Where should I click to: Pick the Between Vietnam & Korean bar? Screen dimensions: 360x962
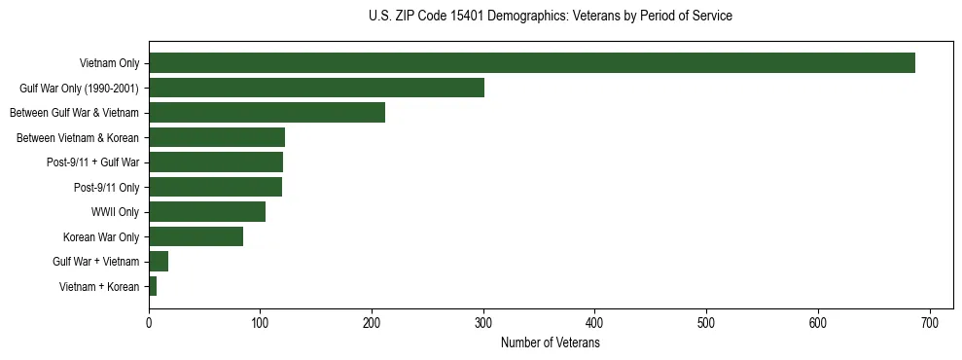216,137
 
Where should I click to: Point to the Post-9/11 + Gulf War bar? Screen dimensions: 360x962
215,162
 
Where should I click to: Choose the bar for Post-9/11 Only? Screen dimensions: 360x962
215,187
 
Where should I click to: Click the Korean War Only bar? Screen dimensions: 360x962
196,236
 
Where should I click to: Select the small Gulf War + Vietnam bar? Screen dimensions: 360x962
159,262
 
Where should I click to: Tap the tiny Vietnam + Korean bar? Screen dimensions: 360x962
153,286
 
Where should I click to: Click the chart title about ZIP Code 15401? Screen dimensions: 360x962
551,17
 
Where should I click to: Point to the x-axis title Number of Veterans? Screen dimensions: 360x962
551,343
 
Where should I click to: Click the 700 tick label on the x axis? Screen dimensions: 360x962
930,324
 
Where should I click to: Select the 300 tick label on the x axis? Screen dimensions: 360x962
483,324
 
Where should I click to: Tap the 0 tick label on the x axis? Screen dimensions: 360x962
149,324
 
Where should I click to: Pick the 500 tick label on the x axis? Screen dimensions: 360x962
706,324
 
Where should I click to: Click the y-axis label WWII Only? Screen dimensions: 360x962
115,212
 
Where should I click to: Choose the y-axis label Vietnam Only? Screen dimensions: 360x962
109,64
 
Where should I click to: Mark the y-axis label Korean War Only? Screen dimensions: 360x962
101,237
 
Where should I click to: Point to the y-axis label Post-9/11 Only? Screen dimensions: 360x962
106,188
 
